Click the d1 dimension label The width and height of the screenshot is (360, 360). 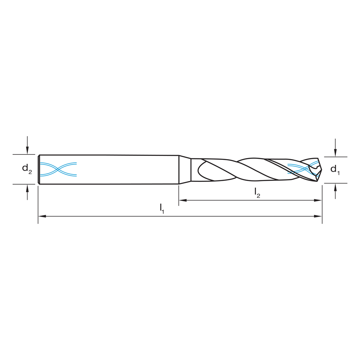(335, 169)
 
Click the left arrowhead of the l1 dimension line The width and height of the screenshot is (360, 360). (42, 216)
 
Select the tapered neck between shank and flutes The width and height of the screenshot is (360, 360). (185, 170)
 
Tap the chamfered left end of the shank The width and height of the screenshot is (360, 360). (39, 170)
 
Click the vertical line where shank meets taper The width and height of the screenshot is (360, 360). (179, 170)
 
